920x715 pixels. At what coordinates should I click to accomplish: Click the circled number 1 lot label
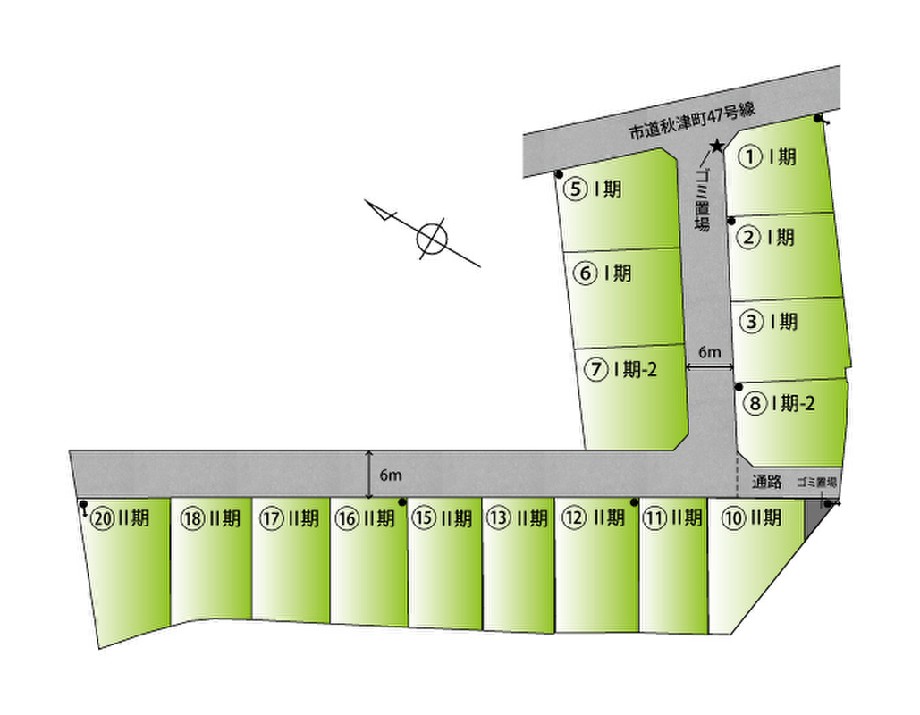pyautogui.click(x=750, y=157)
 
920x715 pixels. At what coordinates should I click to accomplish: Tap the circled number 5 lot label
pyautogui.click(x=575, y=189)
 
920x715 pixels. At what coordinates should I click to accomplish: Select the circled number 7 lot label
pyautogui.click(x=596, y=369)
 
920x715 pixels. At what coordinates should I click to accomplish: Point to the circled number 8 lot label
pyautogui.click(x=755, y=403)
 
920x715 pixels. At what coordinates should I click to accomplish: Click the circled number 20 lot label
pyautogui.click(x=103, y=518)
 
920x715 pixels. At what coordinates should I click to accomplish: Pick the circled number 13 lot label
pyautogui.click(x=497, y=517)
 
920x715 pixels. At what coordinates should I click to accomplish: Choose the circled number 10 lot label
pyautogui.click(x=733, y=517)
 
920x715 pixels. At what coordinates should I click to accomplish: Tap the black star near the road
pyautogui.click(x=716, y=146)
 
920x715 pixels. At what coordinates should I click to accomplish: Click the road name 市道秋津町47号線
pyautogui.click(x=692, y=122)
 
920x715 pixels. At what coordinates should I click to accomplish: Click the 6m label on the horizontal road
pyautogui.click(x=390, y=475)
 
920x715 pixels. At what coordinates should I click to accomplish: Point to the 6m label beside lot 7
pyautogui.click(x=709, y=352)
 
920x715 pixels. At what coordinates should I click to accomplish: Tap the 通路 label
pyautogui.click(x=767, y=482)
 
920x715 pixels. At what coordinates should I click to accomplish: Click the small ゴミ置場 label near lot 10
pyautogui.click(x=816, y=483)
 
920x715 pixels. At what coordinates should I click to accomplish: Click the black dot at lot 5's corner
pyautogui.click(x=559, y=174)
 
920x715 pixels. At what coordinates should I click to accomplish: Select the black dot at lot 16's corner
pyautogui.click(x=402, y=502)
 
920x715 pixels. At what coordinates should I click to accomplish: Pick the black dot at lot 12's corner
pyautogui.click(x=634, y=502)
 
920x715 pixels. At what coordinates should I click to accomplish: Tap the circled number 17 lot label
pyautogui.click(x=271, y=518)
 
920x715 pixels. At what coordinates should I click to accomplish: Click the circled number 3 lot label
pyautogui.click(x=752, y=322)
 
